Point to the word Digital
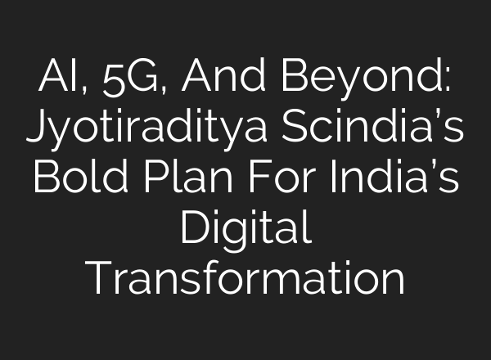coord(245,229)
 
